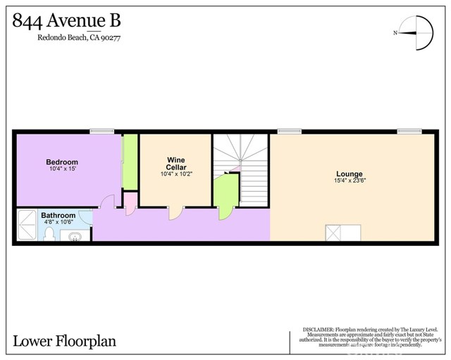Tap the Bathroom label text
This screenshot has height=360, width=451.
click(x=58, y=216)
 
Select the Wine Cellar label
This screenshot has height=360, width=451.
click(x=175, y=163)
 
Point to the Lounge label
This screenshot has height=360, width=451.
click(x=350, y=174)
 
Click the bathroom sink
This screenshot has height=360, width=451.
click(x=75, y=236)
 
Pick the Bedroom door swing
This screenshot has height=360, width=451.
click(x=106, y=202)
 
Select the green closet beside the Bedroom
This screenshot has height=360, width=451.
click(x=130, y=163)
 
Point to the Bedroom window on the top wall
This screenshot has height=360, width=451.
click(x=101, y=130)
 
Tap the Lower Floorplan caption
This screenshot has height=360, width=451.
click(x=64, y=342)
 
